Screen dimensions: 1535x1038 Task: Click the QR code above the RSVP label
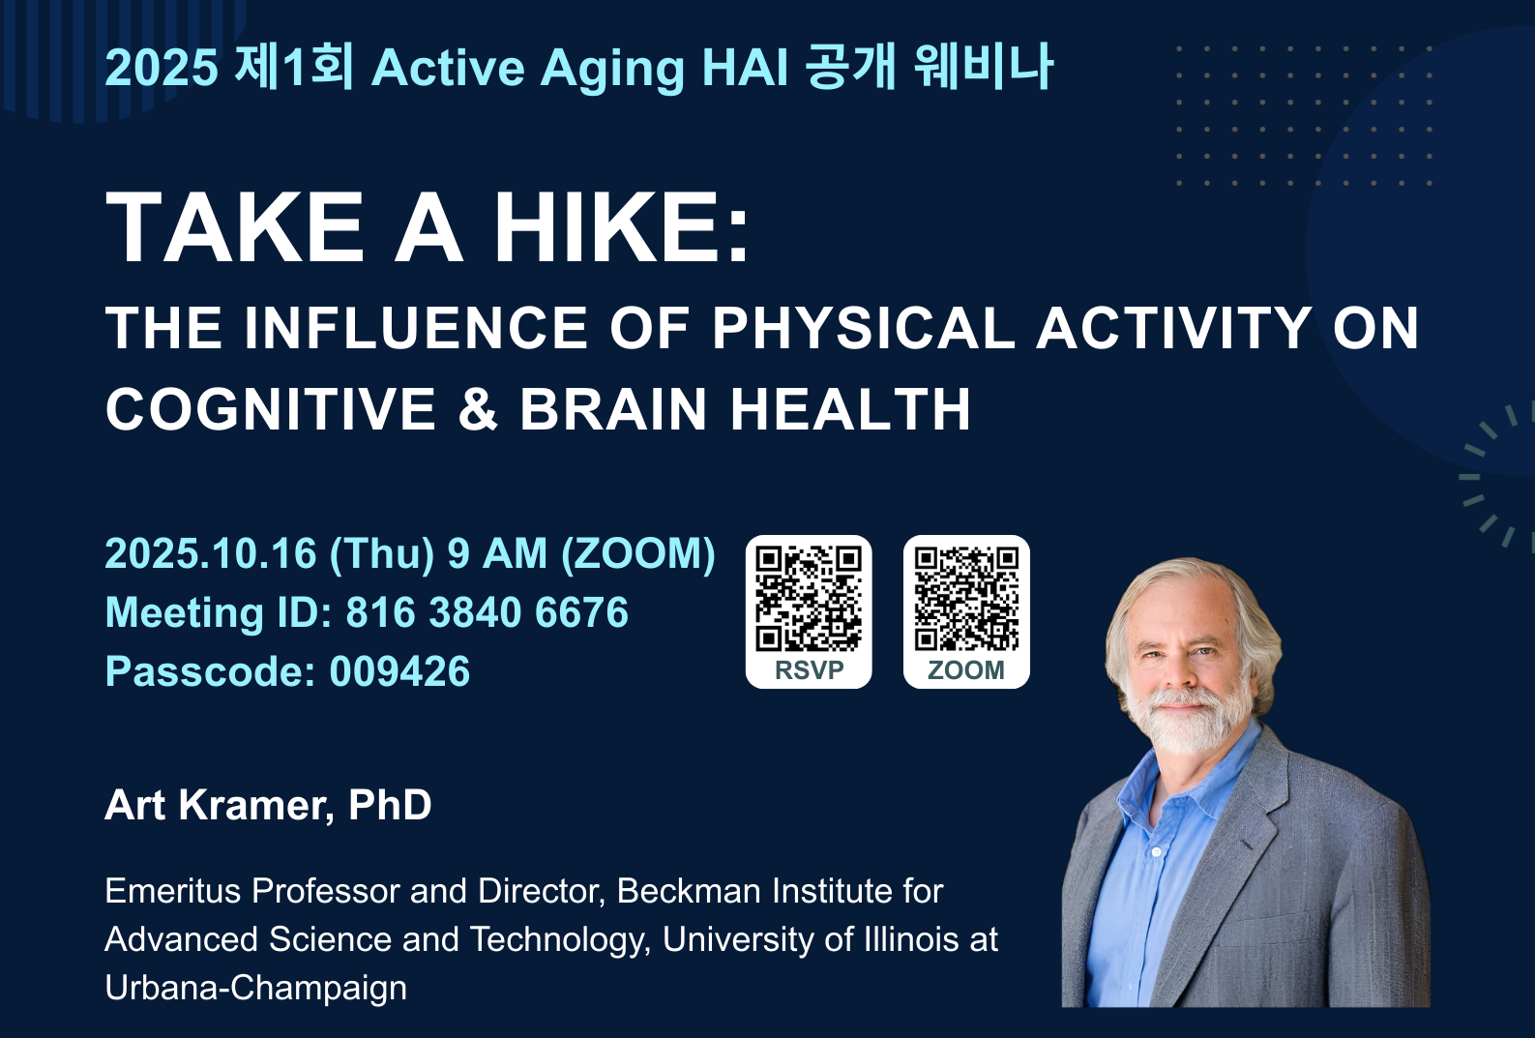tap(809, 598)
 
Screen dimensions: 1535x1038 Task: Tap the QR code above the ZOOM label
tap(966, 598)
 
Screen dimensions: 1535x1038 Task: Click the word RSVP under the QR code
tap(809, 670)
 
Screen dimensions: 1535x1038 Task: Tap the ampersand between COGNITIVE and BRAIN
tap(478, 409)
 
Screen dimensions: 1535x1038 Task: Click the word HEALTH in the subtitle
tap(850, 409)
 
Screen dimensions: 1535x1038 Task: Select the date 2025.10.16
tap(211, 553)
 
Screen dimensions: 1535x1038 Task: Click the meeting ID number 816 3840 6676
tap(487, 611)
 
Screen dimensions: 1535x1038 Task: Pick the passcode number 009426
tap(399, 670)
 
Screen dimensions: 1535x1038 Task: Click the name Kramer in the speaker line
tap(256, 804)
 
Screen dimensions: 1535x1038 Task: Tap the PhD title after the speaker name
tap(390, 804)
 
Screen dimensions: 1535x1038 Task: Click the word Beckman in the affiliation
tap(689, 891)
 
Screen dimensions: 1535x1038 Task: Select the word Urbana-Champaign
tap(255, 989)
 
